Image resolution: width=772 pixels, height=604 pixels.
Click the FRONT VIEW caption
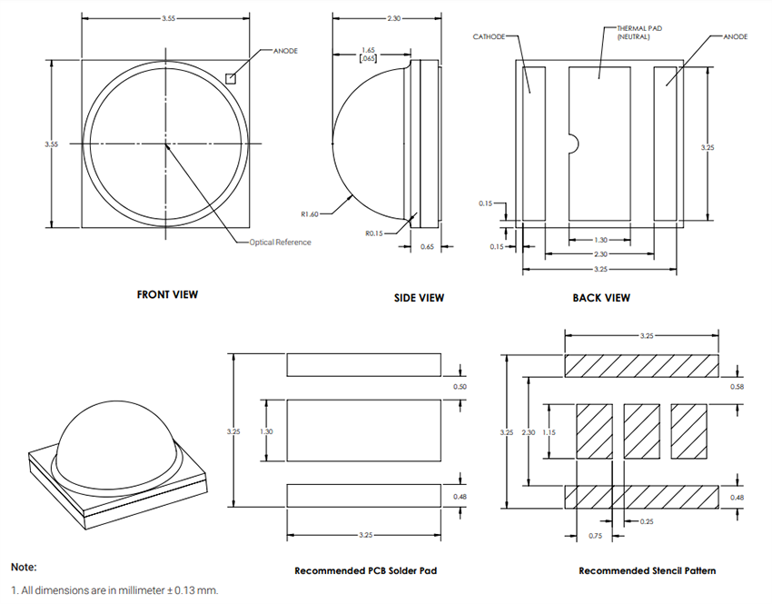click(167, 294)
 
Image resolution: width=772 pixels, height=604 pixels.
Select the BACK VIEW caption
click(601, 297)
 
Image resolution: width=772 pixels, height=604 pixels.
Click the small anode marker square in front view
click(232, 78)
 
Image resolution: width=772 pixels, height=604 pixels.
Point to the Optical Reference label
click(281, 243)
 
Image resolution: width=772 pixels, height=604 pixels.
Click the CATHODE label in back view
click(490, 37)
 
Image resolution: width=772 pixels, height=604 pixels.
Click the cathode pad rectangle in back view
click(533, 143)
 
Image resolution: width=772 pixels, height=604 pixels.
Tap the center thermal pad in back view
click(599, 143)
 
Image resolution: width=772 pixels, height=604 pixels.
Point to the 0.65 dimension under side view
click(427, 246)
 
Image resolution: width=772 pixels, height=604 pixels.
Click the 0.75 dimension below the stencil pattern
click(595, 536)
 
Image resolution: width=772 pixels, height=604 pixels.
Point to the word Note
click(24, 566)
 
